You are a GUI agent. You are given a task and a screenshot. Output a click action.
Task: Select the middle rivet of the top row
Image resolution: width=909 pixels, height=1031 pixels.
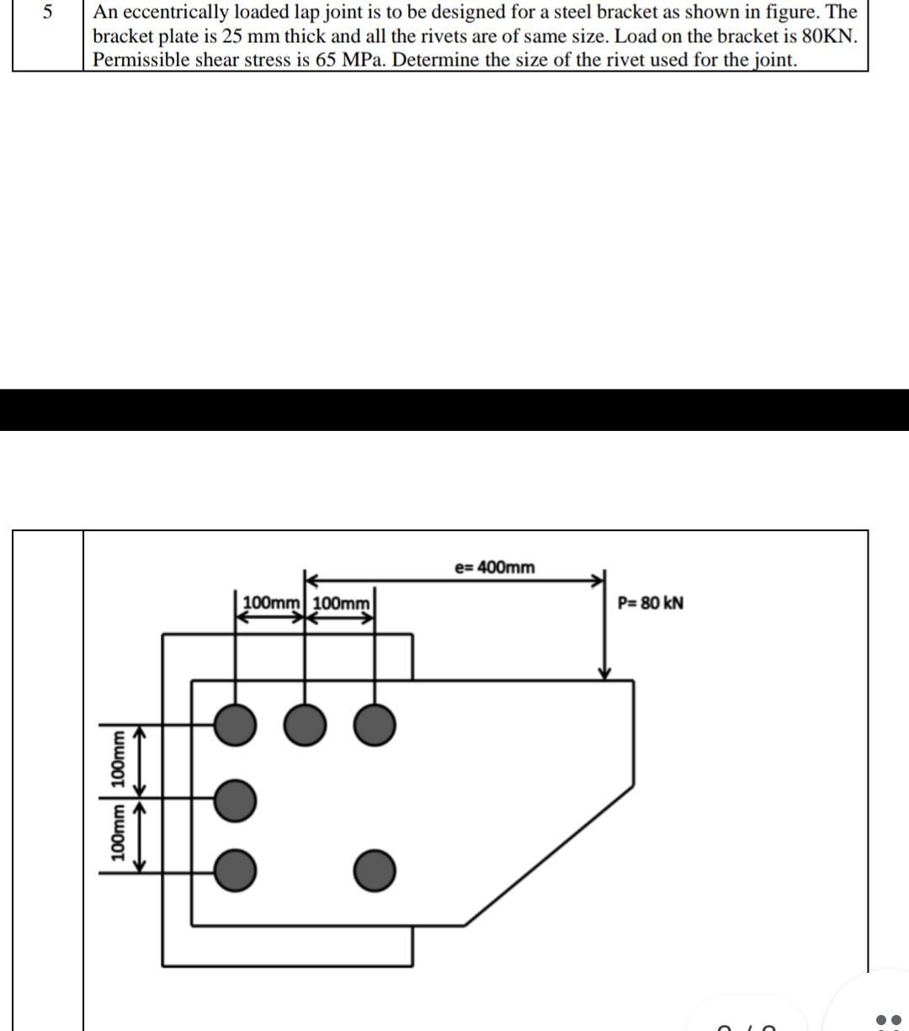pyautogui.click(x=305, y=725)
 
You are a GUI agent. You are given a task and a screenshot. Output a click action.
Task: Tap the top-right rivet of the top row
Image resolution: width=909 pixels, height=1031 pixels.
pyautogui.click(x=374, y=725)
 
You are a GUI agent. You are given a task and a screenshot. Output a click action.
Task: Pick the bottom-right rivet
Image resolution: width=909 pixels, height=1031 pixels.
pyautogui.click(x=374, y=870)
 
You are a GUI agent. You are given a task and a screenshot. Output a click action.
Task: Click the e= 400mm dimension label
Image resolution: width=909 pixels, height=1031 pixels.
pyautogui.click(x=494, y=567)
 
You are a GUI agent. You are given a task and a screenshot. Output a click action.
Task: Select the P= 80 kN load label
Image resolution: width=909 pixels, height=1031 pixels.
pyautogui.click(x=650, y=603)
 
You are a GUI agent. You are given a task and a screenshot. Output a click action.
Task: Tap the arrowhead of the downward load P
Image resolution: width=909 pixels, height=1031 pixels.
pyautogui.click(x=604, y=672)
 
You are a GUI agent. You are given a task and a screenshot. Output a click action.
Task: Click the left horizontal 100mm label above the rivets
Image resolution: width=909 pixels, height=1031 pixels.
pyautogui.click(x=271, y=603)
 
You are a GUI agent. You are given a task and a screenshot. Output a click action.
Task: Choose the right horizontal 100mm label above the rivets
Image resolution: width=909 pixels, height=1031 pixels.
pyautogui.click(x=341, y=603)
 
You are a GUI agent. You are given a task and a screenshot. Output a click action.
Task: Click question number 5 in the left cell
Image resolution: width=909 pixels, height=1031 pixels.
pyautogui.click(x=47, y=13)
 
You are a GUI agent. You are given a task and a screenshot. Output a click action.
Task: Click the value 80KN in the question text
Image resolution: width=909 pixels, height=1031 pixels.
pyautogui.click(x=831, y=37)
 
